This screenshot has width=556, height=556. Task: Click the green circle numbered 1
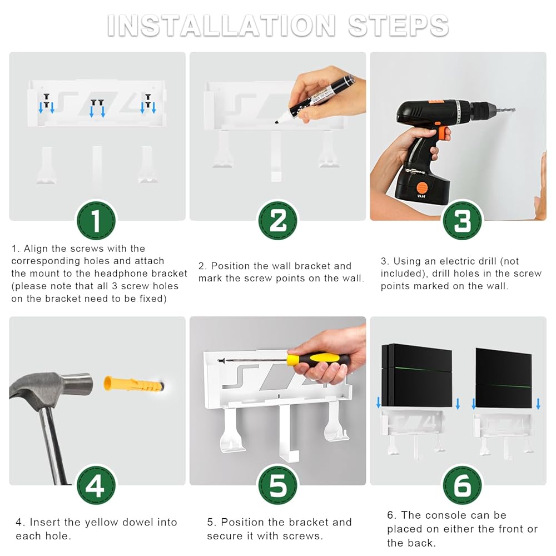96,221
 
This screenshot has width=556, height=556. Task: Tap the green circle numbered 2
277,221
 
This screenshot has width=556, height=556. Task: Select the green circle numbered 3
463,221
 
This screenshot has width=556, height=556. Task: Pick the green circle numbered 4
96,485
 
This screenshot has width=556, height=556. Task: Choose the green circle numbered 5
277,485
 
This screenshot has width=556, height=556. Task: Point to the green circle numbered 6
463,485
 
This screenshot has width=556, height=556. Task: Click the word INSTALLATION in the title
221,26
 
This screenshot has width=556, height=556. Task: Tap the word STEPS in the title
399,26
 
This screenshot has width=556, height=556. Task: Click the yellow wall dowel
133,384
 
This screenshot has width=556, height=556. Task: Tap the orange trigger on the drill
443,133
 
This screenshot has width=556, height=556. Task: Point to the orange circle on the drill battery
421,187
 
